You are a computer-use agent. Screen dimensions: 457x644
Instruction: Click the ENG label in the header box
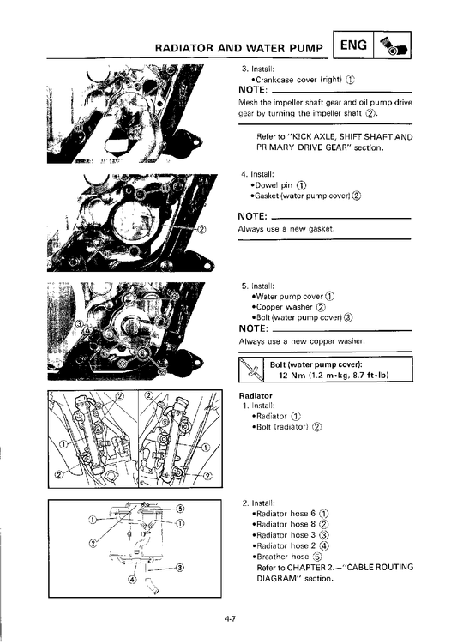(x=353, y=45)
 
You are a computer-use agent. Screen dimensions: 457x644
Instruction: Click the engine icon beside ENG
(x=393, y=45)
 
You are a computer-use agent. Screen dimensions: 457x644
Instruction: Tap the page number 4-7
(x=229, y=619)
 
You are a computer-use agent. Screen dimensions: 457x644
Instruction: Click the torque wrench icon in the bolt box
(x=251, y=370)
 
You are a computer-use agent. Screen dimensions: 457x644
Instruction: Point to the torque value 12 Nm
(x=290, y=375)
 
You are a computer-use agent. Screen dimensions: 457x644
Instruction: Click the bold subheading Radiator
(x=256, y=396)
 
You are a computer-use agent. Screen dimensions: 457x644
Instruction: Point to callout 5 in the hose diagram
(x=180, y=508)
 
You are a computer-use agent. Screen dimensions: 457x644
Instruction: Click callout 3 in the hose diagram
(x=180, y=568)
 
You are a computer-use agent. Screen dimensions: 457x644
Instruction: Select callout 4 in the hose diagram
(x=132, y=579)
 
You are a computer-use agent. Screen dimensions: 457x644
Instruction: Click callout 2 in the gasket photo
(x=201, y=229)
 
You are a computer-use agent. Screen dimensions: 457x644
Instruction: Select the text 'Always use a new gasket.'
(x=286, y=229)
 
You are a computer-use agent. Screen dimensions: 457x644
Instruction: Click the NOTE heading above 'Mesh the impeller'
(x=253, y=90)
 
